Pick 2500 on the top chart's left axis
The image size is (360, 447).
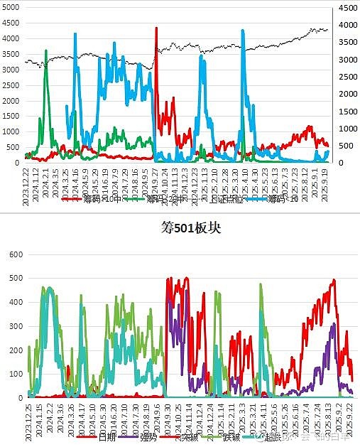pyautogui.click(x=12, y=85)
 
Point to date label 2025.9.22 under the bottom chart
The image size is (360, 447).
pyautogui.click(x=349, y=418)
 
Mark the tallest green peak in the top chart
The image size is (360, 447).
pyautogui.click(x=46, y=51)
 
